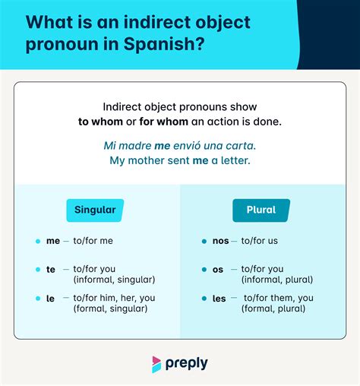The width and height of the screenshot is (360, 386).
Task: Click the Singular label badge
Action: pyautogui.click(x=95, y=210)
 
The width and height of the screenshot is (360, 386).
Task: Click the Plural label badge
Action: pyautogui.click(x=261, y=210)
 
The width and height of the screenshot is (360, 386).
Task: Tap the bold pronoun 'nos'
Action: pyautogui.click(x=220, y=241)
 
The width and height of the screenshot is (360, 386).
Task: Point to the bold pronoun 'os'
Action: pyautogui.click(x=219, y=269)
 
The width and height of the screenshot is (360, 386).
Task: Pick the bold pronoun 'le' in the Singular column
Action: pyautogui.click(x=50, y=298)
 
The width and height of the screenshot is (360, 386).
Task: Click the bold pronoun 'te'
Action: pyautogui.click(x=50, y=269)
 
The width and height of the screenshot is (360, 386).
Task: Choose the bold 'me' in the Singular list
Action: pyautogui.click(x=52, y=241)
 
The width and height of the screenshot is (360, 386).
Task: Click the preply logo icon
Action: pyautogui.click(x=157, y=363)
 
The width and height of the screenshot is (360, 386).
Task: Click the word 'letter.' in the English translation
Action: pyautogui.click(x=232, y=160)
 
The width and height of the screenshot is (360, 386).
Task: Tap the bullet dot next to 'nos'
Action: pyautogui.click(x=204, y=241)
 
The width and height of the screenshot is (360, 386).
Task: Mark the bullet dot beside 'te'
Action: pyautogui.click(x=37, y=269)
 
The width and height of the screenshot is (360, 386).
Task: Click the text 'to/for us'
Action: pyautogui.click(x=260, y=241)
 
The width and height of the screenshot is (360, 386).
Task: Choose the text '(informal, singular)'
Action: pyautogui.click(x=114, y=280)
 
